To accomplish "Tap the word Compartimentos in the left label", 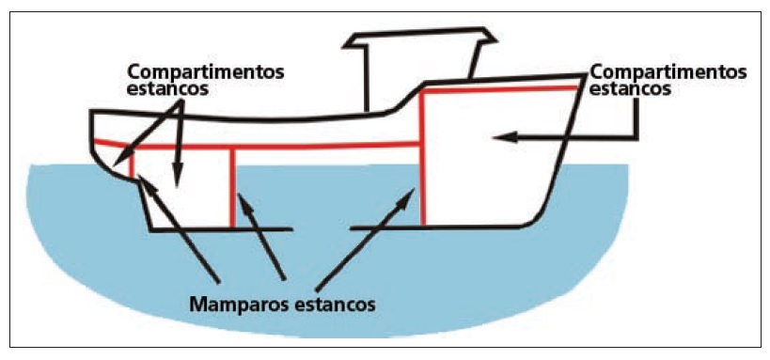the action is (x=195, y=71).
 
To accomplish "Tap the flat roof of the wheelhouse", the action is (x=418, y=39).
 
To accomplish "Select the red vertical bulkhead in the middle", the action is (x=232, y=188).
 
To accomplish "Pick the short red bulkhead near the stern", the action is (x=134, y=164).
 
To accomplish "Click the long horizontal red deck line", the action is (x=282, y=146).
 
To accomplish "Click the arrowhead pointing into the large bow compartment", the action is (x=497, y=137).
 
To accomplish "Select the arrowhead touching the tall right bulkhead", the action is (x=415, y=192).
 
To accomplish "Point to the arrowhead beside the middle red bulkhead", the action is (x=241, y=196).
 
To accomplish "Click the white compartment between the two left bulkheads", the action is (x=183, y=188).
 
